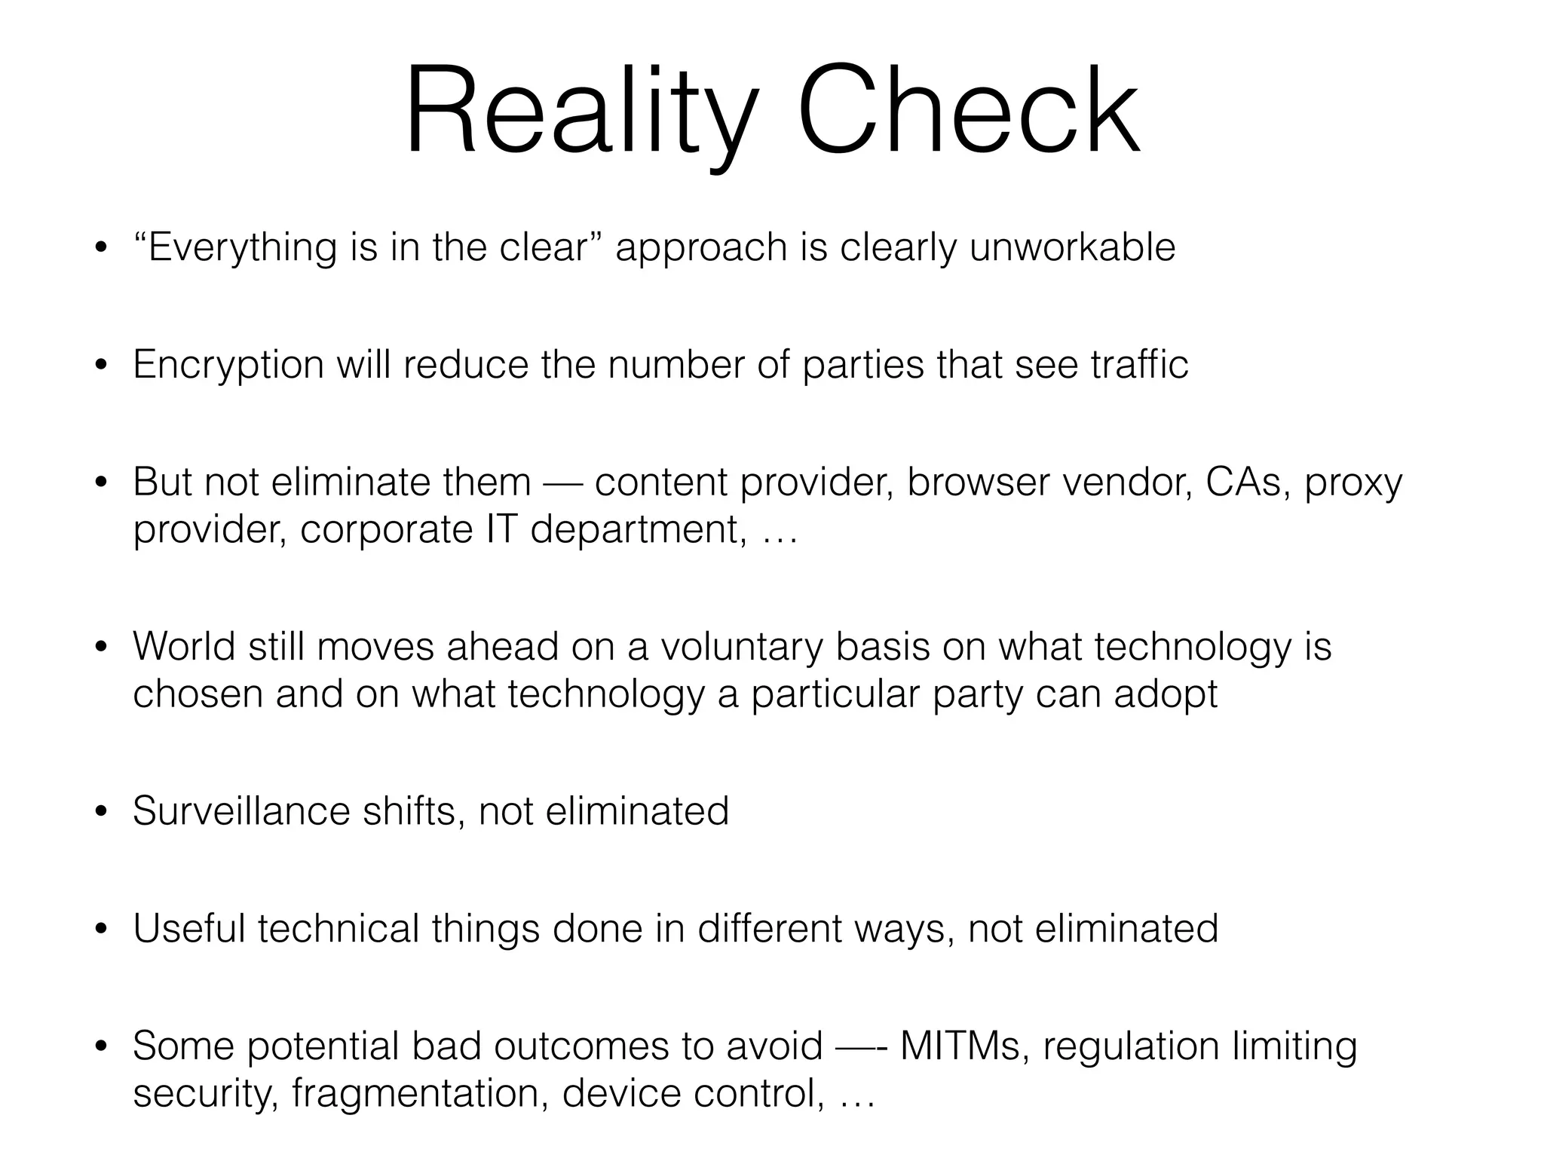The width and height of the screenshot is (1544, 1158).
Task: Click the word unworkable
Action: [1071, 247]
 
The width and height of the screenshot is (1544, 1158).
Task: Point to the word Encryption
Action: [228, 366]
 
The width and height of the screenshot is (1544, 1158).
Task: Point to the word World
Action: [185, 646]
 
